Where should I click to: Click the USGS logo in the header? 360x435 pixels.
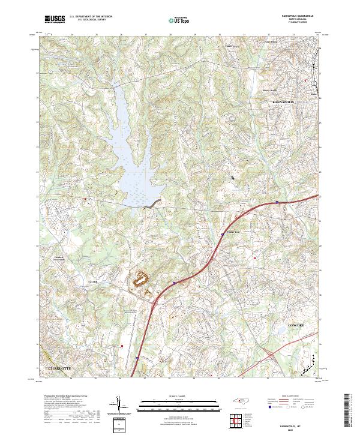(54, 19)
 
